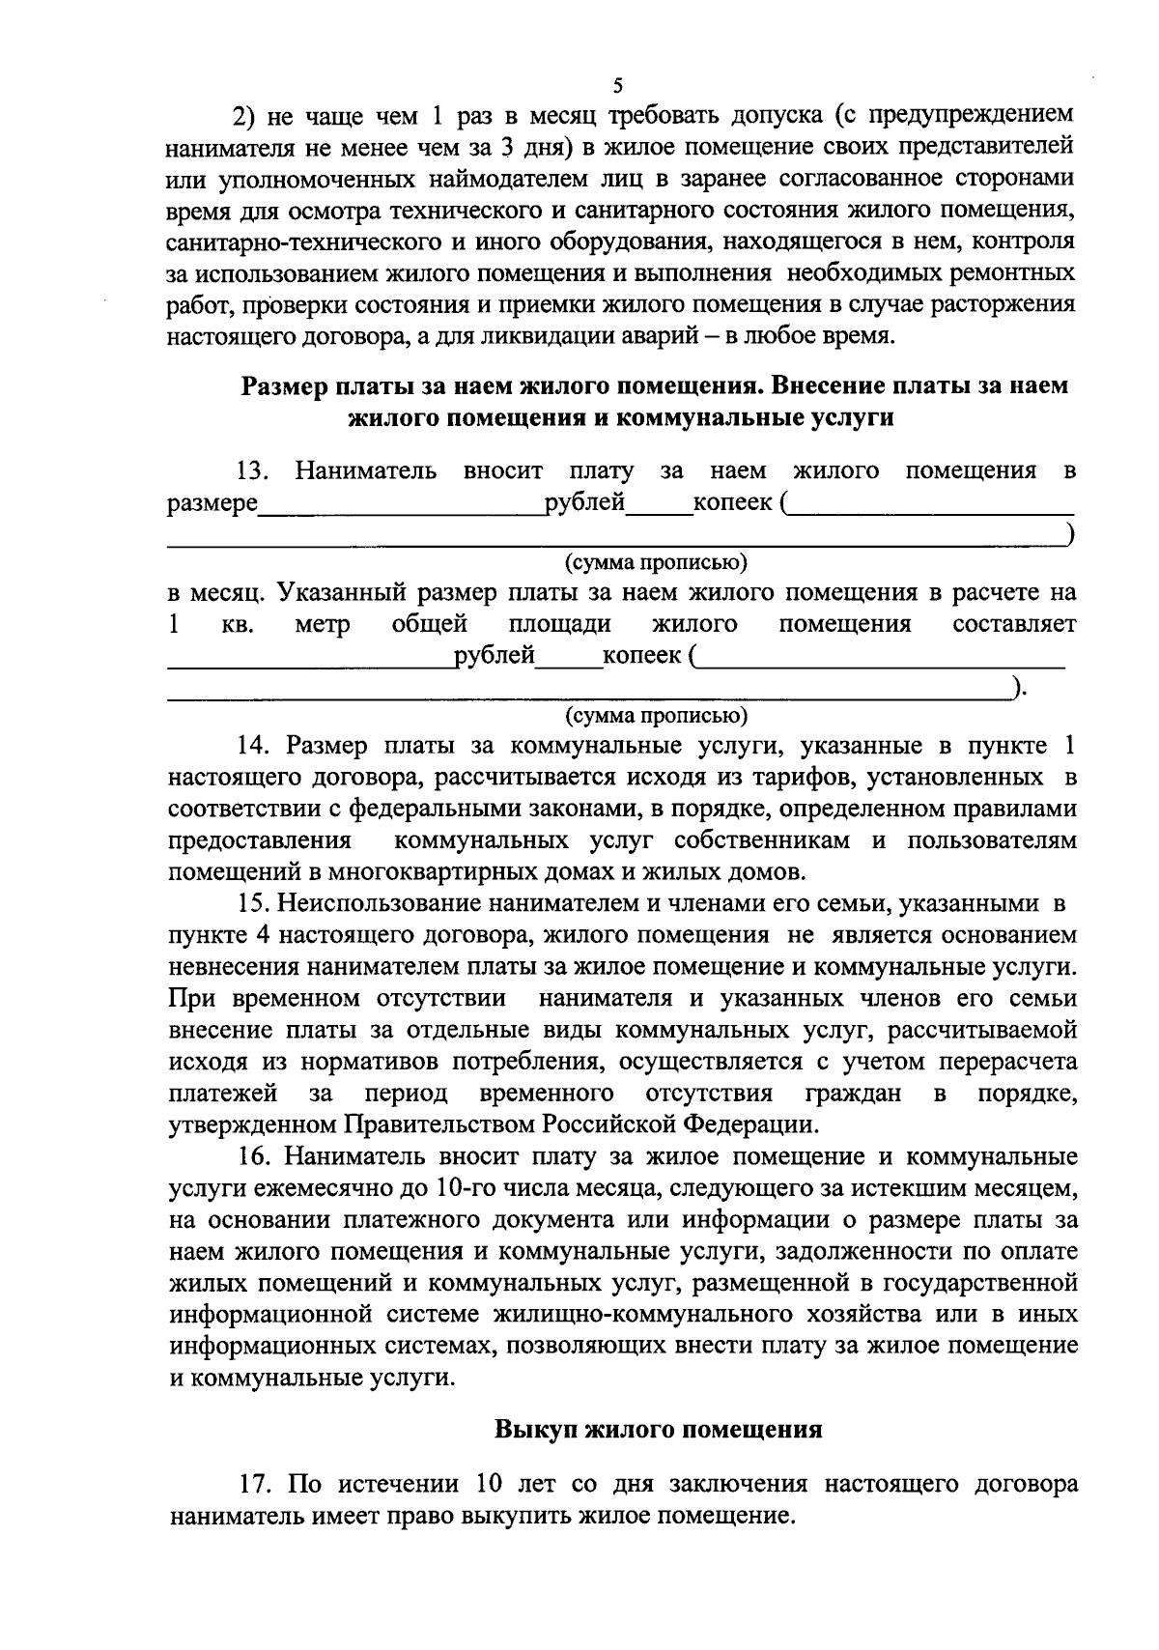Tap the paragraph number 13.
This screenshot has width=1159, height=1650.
coord(251,471)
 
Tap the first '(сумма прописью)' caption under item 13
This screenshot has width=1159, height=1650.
coord(656,561)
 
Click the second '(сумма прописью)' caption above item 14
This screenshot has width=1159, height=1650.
coord(656,716)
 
